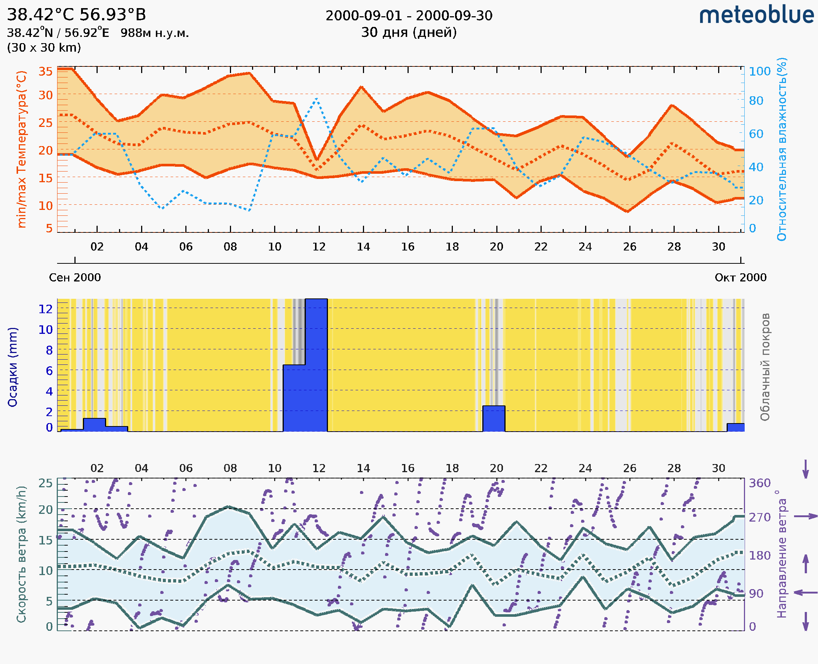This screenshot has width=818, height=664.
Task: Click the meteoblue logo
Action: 756,15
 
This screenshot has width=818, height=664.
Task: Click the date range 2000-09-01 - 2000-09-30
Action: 409,16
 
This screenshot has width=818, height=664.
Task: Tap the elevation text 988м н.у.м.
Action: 154,33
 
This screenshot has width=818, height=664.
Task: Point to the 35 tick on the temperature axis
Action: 45,71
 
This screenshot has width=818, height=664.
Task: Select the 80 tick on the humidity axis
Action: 756,101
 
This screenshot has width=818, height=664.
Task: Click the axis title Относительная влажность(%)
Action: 782,149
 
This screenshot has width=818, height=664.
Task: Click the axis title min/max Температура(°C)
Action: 22,149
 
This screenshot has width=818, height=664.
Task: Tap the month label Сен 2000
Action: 75,277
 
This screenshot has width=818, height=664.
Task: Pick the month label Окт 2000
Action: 741,277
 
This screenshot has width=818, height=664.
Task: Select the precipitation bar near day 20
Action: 494,418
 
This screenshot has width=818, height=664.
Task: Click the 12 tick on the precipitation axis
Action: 45,309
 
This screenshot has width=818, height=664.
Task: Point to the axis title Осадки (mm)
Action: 13,367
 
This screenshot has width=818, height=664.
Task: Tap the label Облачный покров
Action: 765,367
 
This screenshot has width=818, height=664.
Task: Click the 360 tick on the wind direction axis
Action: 759,483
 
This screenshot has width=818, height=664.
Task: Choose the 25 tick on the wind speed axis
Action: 45,483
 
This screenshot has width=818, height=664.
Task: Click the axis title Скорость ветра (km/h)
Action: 21,554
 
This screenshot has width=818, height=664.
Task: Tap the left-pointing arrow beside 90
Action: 805,592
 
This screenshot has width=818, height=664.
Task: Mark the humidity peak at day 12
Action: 317,99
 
